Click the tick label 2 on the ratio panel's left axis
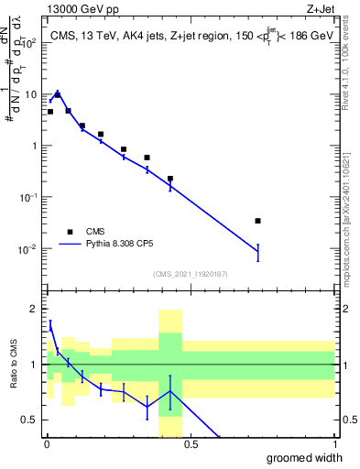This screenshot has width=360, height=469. (34, 309)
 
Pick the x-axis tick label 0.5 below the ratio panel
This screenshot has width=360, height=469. (191, 445)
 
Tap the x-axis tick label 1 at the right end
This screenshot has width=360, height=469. (334, 445)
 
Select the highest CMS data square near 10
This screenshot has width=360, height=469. (58, 94)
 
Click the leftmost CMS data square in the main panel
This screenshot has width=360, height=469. (49, 112)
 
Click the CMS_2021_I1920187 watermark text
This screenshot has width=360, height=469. (191, 273)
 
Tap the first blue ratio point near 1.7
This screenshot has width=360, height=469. (49, 324)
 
